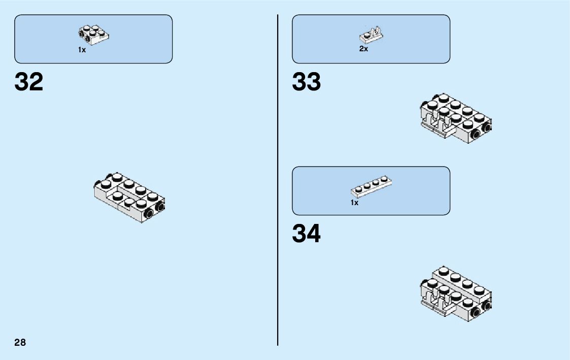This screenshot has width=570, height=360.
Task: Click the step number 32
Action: pos(29,82)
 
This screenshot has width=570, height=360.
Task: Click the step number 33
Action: pos(306,82)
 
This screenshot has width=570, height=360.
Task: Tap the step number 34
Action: pos(306,234)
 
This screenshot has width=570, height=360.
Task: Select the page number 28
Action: pos(20,342)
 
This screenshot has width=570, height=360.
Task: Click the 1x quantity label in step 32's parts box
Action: pos(82,50)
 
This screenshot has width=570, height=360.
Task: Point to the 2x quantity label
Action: pos(363,49)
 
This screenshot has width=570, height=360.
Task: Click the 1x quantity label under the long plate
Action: pos(354,203)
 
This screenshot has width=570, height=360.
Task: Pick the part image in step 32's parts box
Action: pos(94,34)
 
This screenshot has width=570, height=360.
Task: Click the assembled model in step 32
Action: pos(129,198)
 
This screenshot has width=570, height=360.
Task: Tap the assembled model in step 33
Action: pos(455,118)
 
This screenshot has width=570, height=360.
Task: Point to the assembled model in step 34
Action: pos(455,291)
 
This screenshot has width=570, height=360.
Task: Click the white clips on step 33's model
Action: pos(438,124)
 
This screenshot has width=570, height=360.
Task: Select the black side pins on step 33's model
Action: pos(481,130)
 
